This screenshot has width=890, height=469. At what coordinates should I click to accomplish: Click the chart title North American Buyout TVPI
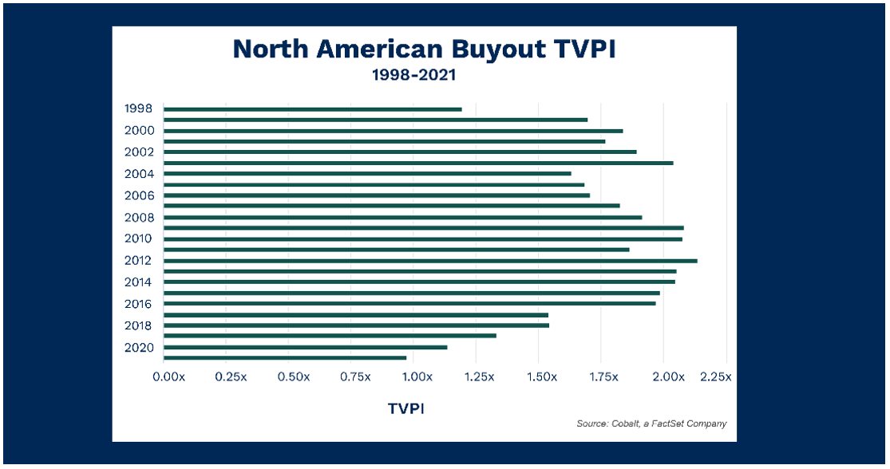[424, 50]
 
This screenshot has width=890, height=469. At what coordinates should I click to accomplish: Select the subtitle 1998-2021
[424, 76]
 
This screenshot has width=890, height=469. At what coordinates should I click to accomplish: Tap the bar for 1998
[312, 109]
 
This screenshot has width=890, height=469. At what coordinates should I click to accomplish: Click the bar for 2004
[367, 174]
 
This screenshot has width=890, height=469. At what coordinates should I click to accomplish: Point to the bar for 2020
[305, 347]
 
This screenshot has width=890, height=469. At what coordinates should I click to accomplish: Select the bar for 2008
[402, 217]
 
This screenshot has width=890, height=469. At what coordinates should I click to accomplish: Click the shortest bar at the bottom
[285, 358]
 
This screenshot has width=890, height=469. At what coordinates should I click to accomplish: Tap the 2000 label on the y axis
[140, 131]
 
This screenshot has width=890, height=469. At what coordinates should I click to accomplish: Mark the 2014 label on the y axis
[140, 282]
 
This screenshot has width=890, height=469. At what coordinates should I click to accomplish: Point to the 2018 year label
[140, 325]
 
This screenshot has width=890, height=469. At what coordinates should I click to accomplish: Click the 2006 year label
[140, 195]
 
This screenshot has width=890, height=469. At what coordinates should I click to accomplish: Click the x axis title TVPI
[406, 408]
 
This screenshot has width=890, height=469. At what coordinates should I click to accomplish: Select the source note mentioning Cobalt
[651, 424]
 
